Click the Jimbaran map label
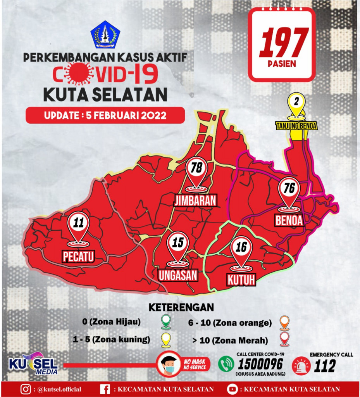195,200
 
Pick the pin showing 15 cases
177,243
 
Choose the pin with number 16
241,247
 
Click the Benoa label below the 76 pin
289,220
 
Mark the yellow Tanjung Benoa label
296,126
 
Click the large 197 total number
284,43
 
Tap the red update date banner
105,116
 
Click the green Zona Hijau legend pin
166,321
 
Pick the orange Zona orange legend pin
285,322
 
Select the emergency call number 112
325,365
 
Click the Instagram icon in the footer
26,389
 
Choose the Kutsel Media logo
33,364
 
